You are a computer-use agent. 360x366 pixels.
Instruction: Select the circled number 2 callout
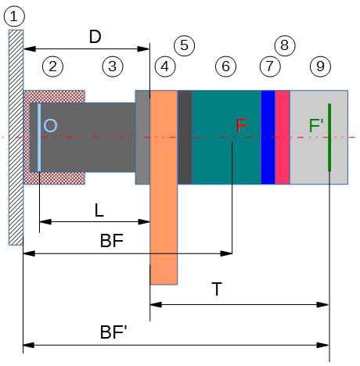52,66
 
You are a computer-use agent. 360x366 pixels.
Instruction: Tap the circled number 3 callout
113,66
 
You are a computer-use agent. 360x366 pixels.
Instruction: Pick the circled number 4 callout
164,66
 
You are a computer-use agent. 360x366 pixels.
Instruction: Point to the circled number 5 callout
184,45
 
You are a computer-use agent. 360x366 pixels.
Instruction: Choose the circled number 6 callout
225,66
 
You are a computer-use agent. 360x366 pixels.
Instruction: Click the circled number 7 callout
268,66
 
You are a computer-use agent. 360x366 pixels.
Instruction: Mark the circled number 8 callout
283,45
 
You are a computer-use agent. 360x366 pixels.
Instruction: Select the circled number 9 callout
319,66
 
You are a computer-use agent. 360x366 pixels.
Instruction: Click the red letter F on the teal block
241,126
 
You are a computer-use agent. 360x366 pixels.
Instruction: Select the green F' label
316,126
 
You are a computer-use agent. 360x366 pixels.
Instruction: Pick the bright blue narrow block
268,137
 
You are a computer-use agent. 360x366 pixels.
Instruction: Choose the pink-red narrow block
282,137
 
